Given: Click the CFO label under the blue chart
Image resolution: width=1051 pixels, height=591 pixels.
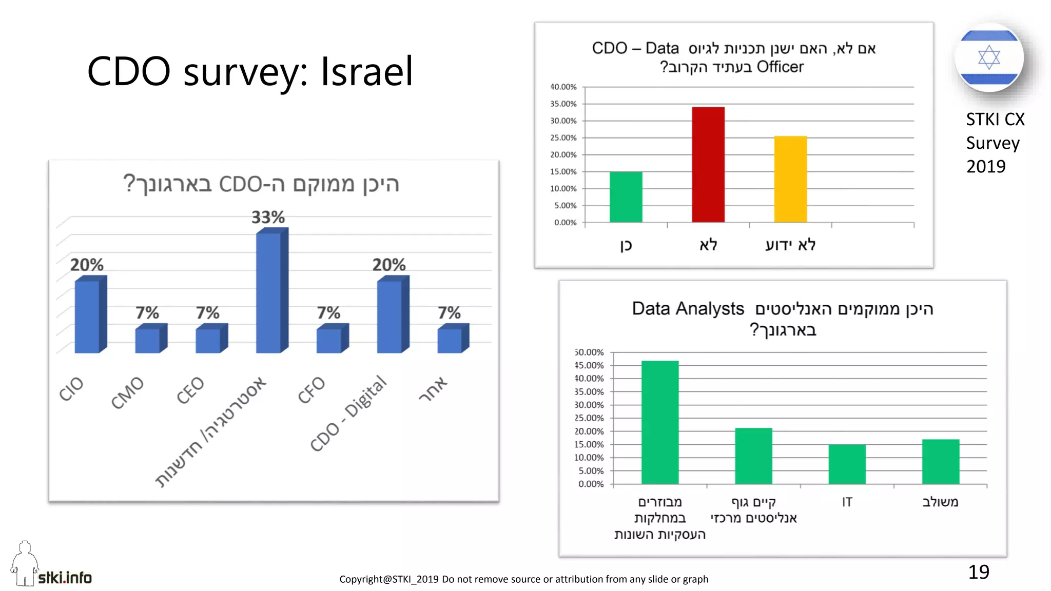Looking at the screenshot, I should tap(312, 389).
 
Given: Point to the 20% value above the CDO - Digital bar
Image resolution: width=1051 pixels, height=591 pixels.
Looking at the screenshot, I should tap(388, 265).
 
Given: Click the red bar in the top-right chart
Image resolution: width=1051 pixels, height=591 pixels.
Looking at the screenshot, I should tap(708, 164).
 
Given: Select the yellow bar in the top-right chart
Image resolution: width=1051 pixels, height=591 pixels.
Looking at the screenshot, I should tap(790, 179).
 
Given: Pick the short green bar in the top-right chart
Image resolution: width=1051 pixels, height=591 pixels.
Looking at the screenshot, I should tap(626, 197).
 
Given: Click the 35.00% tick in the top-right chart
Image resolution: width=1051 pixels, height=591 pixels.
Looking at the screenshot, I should tap(563, 104).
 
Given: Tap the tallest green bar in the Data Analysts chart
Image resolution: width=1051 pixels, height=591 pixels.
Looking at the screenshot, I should tap(659, 422).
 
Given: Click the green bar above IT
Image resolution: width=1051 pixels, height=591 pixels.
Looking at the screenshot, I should tap(847, 464).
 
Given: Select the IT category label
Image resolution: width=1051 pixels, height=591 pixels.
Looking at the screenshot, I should tap(847, 502).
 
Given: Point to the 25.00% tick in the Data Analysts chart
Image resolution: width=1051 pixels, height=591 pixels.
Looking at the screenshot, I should tap(589, 418).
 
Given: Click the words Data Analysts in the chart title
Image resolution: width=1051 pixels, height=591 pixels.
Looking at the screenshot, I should tap(688, 309).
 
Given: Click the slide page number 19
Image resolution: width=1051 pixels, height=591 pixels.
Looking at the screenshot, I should tap(978, 572).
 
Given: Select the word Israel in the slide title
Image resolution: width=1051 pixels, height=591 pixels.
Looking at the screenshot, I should tap(366, 71).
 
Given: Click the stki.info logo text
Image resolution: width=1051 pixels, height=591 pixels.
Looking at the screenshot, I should tap(65, 578).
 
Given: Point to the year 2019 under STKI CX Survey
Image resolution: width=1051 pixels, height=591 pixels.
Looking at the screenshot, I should tap(985, 167).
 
